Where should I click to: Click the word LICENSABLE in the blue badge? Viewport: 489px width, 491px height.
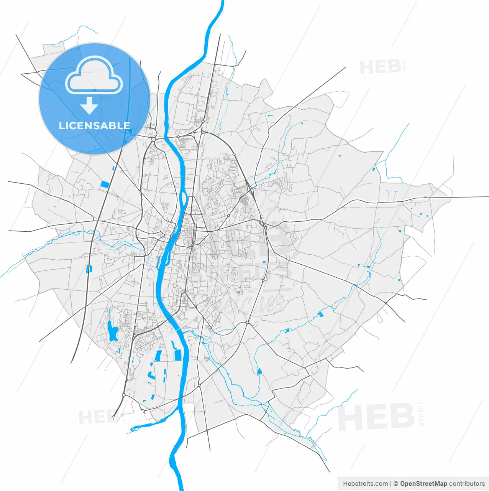94,125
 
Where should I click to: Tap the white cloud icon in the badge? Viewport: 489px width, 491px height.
94,76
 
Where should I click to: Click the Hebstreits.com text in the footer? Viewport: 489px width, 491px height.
365,483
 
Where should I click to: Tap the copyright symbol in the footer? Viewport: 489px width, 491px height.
396,483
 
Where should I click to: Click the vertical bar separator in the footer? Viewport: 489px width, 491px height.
391,483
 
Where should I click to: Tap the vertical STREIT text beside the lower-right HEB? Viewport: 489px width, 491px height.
422,414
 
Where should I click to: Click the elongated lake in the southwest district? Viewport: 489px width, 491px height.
112,331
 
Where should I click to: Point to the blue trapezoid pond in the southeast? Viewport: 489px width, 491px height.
260,371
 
